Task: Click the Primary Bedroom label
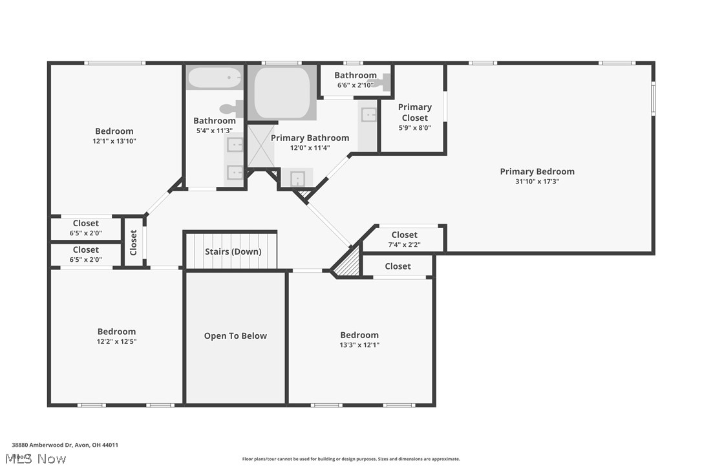537,171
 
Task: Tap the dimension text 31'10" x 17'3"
537,182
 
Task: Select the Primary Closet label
414,112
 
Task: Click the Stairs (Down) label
233,251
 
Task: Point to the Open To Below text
235,335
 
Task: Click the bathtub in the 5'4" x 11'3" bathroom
214,79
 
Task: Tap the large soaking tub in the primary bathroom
282,92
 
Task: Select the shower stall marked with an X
262,145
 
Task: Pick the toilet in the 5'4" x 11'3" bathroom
230,109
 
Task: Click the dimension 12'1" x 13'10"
114,141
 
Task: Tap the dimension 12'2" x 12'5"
117,341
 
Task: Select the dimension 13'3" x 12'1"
359,345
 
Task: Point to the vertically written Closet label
133,242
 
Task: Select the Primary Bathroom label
310,138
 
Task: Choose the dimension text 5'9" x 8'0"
414,127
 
